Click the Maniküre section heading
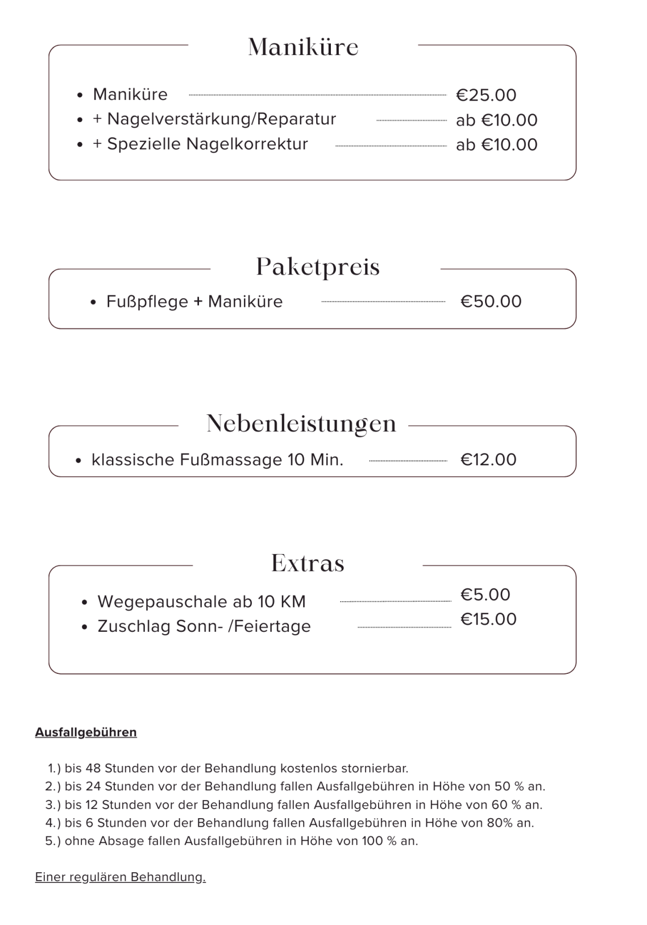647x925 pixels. point(303,47)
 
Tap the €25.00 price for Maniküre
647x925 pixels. point(486,95)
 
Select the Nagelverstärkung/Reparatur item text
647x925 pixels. point(214,119)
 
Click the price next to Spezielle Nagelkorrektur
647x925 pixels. point(496,145)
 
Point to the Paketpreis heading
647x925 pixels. point(318,267)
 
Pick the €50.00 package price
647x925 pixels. point(491,301)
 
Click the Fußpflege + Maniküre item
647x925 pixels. point(194,302)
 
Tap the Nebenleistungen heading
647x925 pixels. point(301,424)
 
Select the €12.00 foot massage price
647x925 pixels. point(488,459)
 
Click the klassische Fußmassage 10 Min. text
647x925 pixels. point(217,460)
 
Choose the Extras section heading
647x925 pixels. point(308,563)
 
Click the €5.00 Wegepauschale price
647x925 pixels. point(485,595)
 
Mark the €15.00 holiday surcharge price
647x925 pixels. point(488,619)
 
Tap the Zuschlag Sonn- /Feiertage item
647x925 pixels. point(204,626)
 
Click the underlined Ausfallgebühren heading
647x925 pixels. point(86,732)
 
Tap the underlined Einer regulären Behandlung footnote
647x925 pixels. point(121,877)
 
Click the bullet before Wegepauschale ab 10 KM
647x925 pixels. point(84,602)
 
